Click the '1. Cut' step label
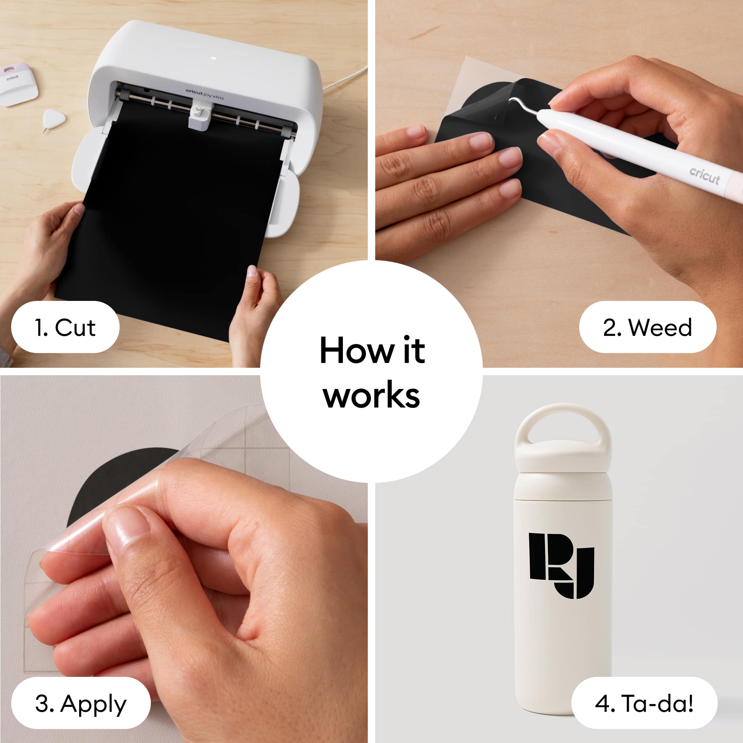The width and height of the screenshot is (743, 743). pos(65,328)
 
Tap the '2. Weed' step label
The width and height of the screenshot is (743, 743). pos(647,328)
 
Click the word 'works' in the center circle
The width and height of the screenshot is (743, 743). pos(371,395)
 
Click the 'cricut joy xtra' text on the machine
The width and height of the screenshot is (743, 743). pos(204,94)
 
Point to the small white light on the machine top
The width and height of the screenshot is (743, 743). pos(214,59)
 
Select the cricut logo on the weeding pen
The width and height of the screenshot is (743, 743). pos(704,176)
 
